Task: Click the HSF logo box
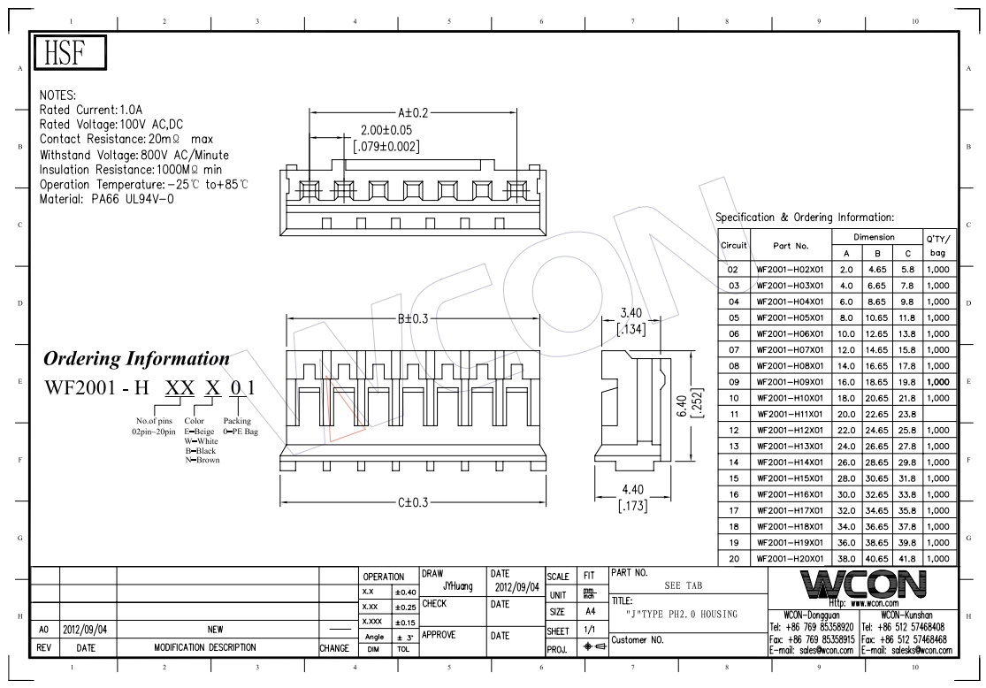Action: (x=69, y=54)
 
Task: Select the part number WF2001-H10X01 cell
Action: (x=790, y=397)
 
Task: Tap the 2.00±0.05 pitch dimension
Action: (x=386, y=130)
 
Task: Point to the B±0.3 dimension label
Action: (x=412, y=318)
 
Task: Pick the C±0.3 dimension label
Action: (x=412, y=502)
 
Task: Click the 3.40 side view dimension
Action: (x=631, y=313)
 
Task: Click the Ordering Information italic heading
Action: (x=136, y=359)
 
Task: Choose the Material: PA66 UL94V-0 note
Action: (x=106, y=199)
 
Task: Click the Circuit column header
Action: (x=733, y=245)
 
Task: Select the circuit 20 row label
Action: (x=733, y=558)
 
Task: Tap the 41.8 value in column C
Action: (x=907, y=558)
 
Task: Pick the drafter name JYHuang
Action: (x=457, y=586)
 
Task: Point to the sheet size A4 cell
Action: (x=589, y=612)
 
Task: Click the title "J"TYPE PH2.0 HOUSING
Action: (x=681, y=615)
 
